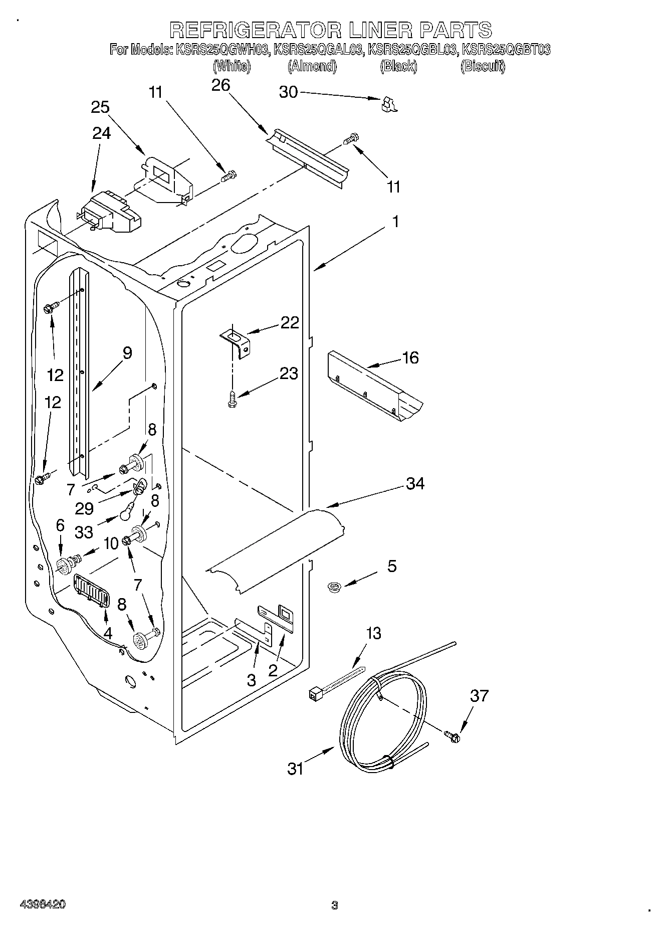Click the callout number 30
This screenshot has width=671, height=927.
[288, 92]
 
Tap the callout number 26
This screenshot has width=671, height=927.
[220, 85]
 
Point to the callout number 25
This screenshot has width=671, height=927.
[100, 107]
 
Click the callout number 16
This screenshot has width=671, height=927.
[410, 358]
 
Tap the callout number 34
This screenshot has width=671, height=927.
[415, 483]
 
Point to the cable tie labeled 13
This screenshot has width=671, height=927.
[335, 683]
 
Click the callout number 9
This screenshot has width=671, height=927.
[127, 353]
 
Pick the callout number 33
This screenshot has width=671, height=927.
[84, 532]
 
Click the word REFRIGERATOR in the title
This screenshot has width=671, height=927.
[253, 30]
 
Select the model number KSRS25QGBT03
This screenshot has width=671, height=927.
[506, 50]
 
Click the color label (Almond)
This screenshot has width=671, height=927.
[312, 66]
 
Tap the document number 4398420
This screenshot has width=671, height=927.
[42, 905]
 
